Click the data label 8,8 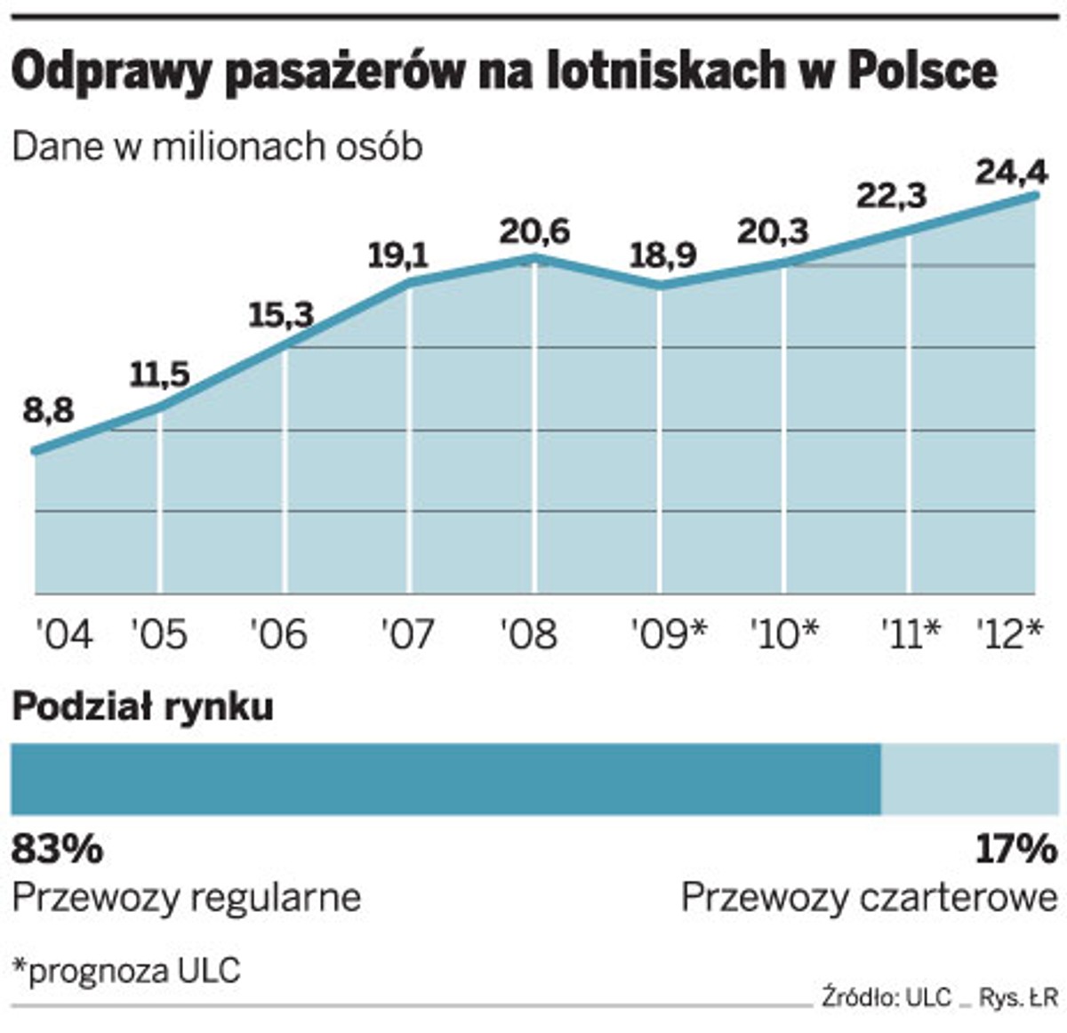coord(49,411)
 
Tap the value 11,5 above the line coord(160,375)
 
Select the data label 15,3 coord(281,315)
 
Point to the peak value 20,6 coord(533,231)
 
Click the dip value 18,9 coord(663,256)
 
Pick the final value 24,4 coord(1012,171)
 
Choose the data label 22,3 coord(891,195)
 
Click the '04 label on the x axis coord(63,634)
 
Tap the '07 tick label coord(407,634)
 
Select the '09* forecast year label coord(669,634)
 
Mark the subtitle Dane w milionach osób coord(217,147)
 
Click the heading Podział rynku coord(142,707)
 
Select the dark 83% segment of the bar coord(445,779)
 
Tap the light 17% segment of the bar coord(969,779)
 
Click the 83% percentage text coord(57,849)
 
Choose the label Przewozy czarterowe coord(869,898)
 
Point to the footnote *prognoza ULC coord(126,970)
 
